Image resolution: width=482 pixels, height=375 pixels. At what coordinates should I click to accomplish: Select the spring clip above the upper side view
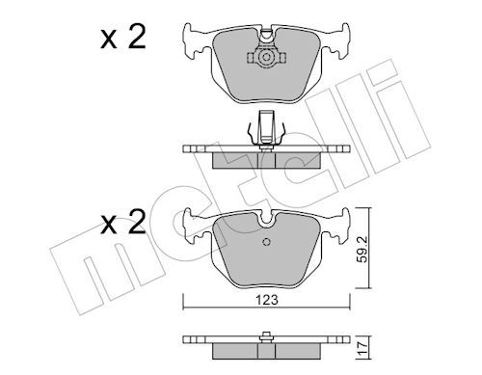pyautogui.click(x=264, y=131)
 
